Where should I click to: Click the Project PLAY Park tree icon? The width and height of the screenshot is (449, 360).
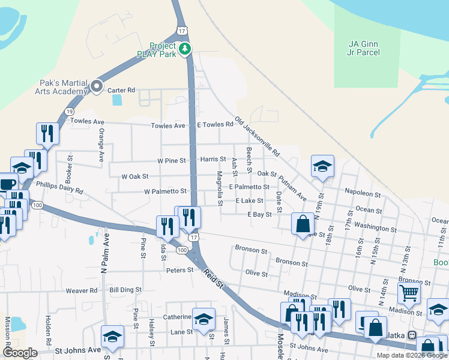coord(186,49)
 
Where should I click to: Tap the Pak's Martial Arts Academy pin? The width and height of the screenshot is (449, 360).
coord(96,88)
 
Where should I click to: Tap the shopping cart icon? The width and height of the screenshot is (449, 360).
coord(409,293)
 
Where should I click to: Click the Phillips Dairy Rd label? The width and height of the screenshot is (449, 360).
coord(59,187)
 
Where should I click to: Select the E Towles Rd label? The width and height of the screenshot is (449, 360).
coord(215,125)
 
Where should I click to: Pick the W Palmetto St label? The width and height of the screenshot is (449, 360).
coord(165,191)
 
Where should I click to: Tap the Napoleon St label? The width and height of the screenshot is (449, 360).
coord(363,194)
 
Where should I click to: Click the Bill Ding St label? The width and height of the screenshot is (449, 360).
coord(125,290)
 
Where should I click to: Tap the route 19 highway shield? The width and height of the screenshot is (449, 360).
coord(70,112)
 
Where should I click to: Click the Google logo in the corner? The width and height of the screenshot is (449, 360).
coord(20,353)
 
